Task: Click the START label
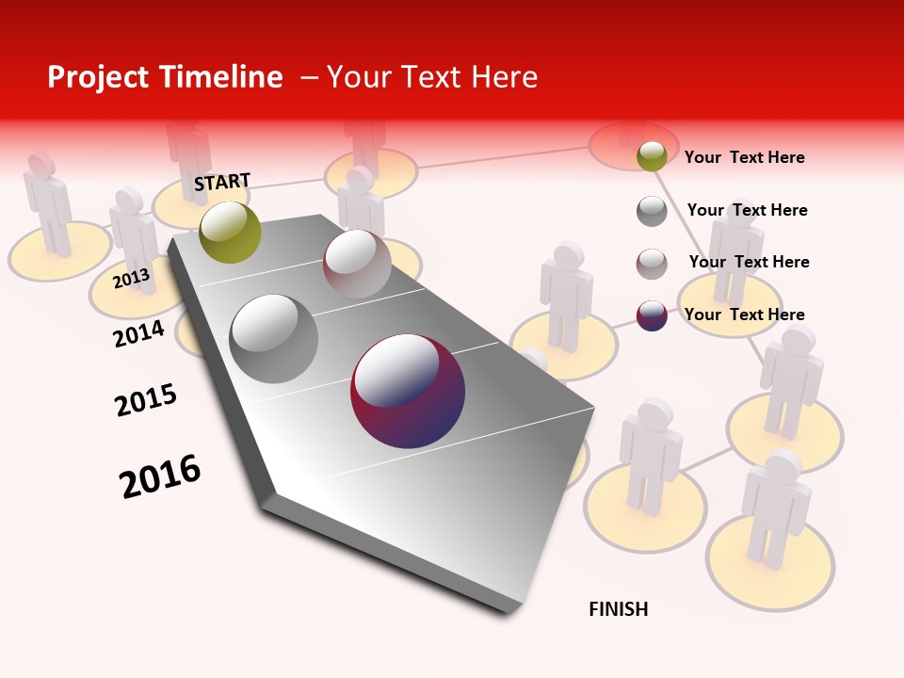coord(222,182)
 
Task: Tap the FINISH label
coord(618,609)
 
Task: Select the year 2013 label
coord(131,278)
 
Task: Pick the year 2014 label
coord(138,333)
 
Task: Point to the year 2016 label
coord(160,476)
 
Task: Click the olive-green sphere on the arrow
coord(230,232)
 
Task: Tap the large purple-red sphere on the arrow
coord(408,391)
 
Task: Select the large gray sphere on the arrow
coord(274,339)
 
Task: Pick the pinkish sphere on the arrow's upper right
coord(357,264)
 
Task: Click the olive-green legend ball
coord(652,156)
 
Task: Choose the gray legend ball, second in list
coord(652,211)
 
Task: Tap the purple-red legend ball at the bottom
coord(652,315)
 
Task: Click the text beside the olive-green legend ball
coord(744,157)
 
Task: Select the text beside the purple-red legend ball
coord(744,315)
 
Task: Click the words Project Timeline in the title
coord(165,77)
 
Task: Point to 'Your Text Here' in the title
coord(432,77)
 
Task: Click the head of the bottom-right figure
coord(783,465)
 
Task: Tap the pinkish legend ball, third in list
coord(652,264)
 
